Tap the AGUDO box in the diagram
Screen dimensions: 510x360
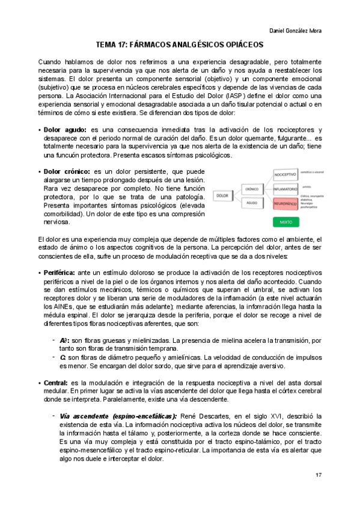(251, 203)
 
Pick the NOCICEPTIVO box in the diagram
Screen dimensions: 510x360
(285, 174)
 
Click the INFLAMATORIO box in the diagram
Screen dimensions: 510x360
(285, 189)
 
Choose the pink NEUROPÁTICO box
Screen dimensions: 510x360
(285, 204)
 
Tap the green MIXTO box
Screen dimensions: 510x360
(285, 222)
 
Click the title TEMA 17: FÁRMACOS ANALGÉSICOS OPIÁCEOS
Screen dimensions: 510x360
(180, 45)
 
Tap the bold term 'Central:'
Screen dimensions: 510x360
(56, 382)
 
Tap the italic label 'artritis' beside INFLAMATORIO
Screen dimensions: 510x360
(307, 186)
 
